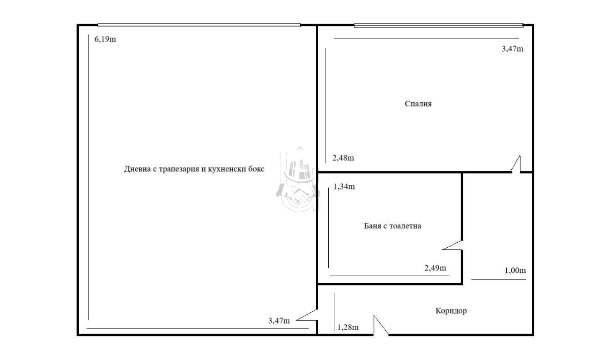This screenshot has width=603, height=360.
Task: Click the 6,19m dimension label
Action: click(105, 39)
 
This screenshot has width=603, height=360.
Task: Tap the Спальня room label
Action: click(418, 104)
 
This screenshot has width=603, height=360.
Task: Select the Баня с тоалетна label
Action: click(392, 226)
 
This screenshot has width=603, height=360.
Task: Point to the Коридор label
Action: click(451, 311)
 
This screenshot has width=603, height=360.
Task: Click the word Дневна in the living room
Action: click(137, 169)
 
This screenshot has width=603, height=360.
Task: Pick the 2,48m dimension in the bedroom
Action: click(343, 158)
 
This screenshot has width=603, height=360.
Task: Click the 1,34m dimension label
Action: click(344, 186)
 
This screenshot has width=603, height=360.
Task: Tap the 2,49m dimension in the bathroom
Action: click(435, 268)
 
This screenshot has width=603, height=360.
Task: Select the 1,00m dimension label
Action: click(515, 270)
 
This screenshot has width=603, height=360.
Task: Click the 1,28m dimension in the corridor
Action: click(348, 327)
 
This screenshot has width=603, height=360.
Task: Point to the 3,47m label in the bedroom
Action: click(512, 49)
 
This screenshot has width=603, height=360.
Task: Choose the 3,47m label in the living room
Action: click(279, 321)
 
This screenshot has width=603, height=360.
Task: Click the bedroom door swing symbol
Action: click(516, 164)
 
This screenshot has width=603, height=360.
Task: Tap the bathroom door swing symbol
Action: click(453, 245)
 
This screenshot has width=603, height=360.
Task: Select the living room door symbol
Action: click(307, 315)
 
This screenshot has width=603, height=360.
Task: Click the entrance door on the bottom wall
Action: click(381, 325)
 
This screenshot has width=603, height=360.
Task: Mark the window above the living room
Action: click(199, 25)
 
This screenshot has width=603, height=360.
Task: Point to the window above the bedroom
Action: click(438, 26)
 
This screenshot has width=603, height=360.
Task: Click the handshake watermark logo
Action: click(298, 179)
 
